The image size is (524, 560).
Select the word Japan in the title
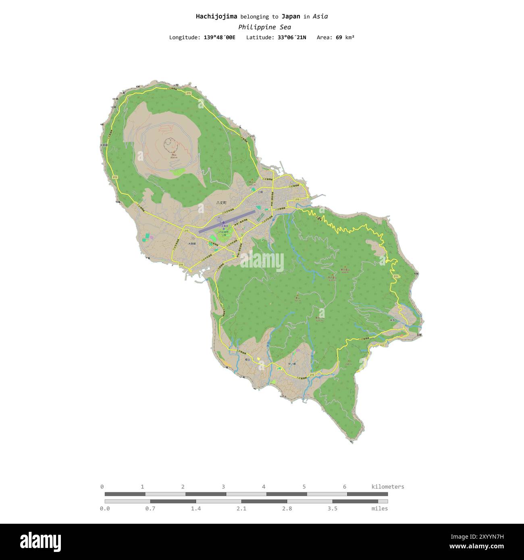[x=291, y=17]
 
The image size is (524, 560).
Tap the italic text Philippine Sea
[x=264, y=27]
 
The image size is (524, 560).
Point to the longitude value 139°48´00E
[x=219, y=37]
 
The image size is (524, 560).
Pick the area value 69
[x=339, y=37]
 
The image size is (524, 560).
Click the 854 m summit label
[x=173, y=158]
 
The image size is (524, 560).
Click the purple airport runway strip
[x=227, y=222]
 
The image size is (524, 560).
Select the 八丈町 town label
[x=221, y=203]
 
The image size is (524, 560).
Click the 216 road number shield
[x=181, y=264]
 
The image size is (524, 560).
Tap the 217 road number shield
[x=381, y=345]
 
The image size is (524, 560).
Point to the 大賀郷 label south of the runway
[x=192, y=244]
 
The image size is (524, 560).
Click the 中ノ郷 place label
[x=292, y=364]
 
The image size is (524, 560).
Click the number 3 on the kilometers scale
[x=223, y=487]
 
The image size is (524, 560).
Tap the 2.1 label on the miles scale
[x=241, y=509]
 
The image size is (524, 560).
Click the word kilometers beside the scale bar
[x=387, y=487]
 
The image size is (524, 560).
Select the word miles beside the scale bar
[x=380, y=509]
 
